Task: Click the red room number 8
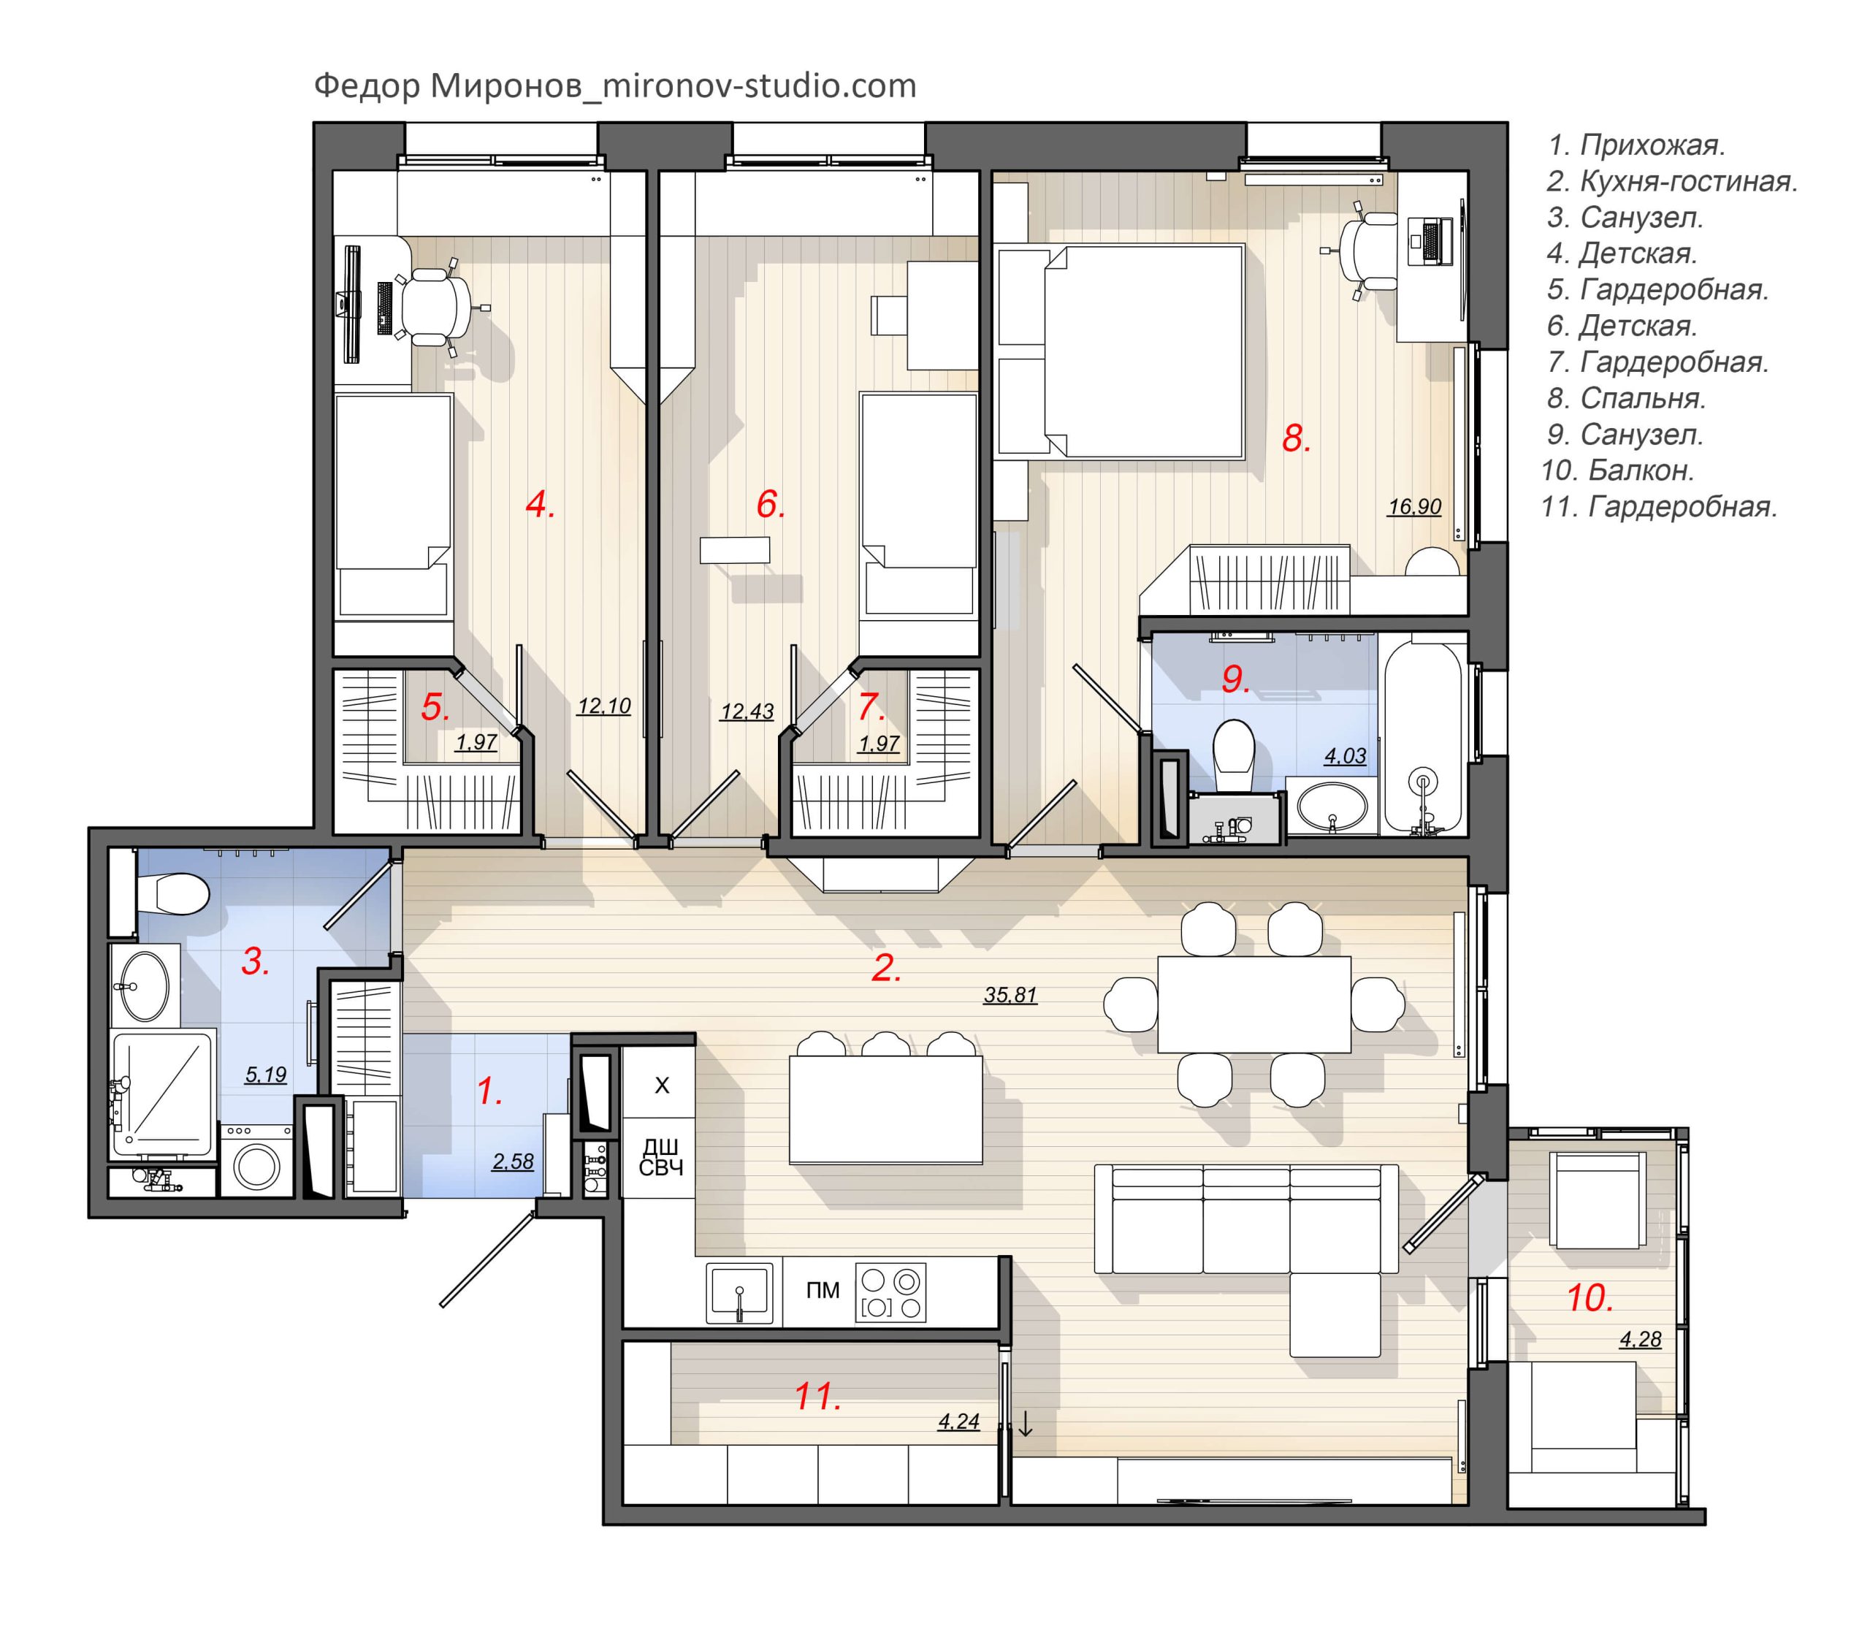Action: tap(1295, 439)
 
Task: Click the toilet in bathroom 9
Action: tap(1234, 755)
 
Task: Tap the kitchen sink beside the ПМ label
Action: tap(740, 1291)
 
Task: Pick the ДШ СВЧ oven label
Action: tap(661, 1157)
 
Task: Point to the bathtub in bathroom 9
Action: tap(1423, 736)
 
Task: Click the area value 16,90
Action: tap(1414, 506)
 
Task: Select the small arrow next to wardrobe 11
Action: tap(1026, 1424)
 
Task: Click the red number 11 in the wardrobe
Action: tap(817, 1396)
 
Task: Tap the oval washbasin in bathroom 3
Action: tap(144, 986)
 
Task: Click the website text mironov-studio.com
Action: tap(759, 85)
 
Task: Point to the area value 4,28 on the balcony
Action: tap(1640, 1339)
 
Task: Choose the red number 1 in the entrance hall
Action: tap(489, 1091)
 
